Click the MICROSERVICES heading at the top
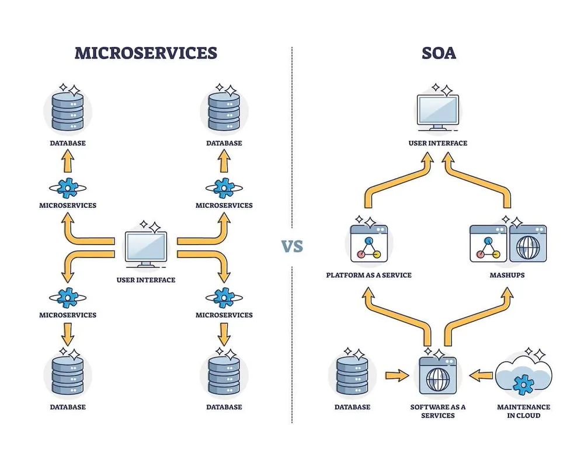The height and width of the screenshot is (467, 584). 146,53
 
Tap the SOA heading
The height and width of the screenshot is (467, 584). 438,53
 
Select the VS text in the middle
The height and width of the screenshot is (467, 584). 293,246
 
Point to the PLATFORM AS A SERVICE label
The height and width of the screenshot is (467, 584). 369,275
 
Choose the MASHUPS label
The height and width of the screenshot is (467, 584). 507,275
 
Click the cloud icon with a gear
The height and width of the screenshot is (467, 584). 523,377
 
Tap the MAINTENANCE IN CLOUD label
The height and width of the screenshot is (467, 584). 523,411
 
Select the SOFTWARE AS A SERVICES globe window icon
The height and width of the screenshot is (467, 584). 437,377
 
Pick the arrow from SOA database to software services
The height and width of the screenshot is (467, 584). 397,374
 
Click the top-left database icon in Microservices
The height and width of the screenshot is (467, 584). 67,111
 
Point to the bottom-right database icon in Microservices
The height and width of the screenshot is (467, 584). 224,377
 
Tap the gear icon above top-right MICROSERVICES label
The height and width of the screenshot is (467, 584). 224,188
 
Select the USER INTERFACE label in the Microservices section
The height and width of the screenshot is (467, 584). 146,280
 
